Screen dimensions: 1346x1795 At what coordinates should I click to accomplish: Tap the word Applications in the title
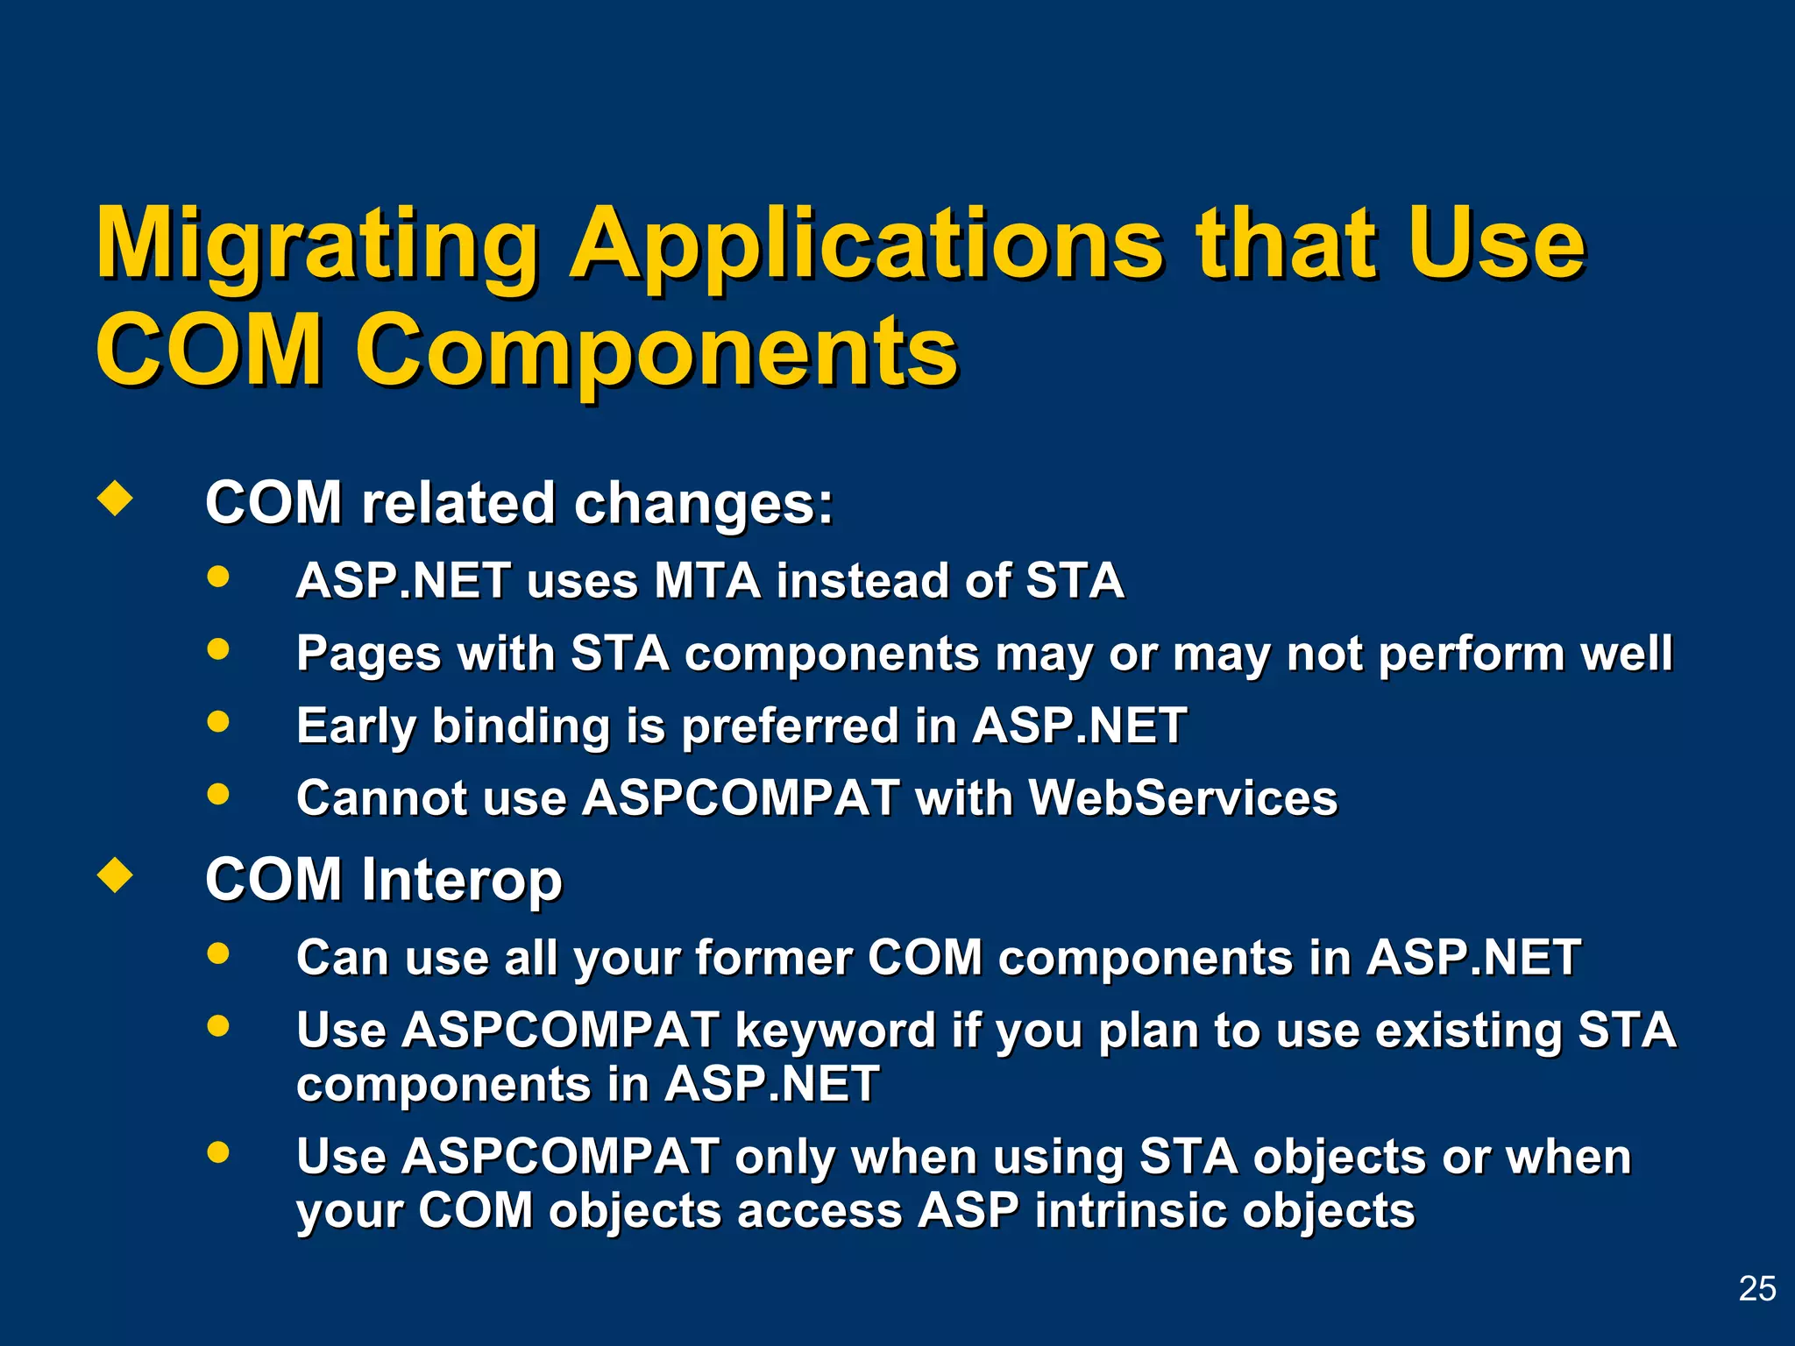click(868, 245)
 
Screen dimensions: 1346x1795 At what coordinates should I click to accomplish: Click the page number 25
click(1756, 1288)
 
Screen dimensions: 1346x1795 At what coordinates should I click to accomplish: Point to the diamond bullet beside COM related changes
click(115, 499)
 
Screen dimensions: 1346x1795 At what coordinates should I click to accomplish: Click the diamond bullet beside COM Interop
click(115, 875)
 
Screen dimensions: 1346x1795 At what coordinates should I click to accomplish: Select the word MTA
click(707, 581)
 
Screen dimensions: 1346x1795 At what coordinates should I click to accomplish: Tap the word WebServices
click(1182, 798)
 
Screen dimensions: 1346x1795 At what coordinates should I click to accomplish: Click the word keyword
click(835, 1031)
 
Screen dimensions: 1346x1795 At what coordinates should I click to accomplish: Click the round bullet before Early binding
click(218, 722)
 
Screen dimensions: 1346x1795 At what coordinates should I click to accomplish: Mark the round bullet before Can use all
click(218, 953)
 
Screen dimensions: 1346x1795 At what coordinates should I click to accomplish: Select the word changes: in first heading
click(703, 504)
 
